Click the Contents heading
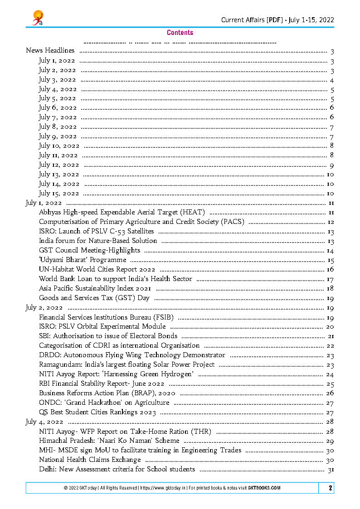[x=180, y=33]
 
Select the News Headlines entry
[x=50, y=51]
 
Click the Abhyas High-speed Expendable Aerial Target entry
[x=122, y=212]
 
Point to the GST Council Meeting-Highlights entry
[x=89, y=250]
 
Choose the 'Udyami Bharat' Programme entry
[x=83, y=260]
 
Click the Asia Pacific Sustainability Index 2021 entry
[x=95, y=288]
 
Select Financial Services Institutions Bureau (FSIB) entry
[x=107, y=317]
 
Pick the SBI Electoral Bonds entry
[x=108, y=336]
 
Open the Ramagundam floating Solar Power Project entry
[x=127, y=364]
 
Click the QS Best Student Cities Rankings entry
[x=97, y=412]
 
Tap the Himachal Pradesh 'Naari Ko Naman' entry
[x=109, y=441]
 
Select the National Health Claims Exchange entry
[x=90, y=460]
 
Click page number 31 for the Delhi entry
[x=330, y=470]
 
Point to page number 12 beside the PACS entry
[x=331, y=222]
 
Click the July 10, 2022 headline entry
[x=59, y=146]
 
